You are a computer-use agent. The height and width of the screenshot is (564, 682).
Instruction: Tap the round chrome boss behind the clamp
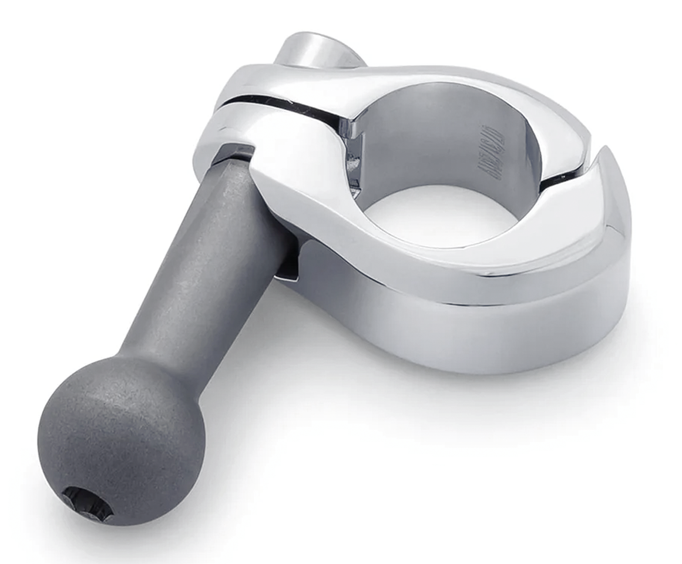[317, 50]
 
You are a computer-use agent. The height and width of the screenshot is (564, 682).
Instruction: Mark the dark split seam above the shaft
[276, 106]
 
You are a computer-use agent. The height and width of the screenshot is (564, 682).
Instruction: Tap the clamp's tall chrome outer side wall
[470, 335]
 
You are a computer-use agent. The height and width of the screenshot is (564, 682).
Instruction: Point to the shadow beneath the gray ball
[176, 517]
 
